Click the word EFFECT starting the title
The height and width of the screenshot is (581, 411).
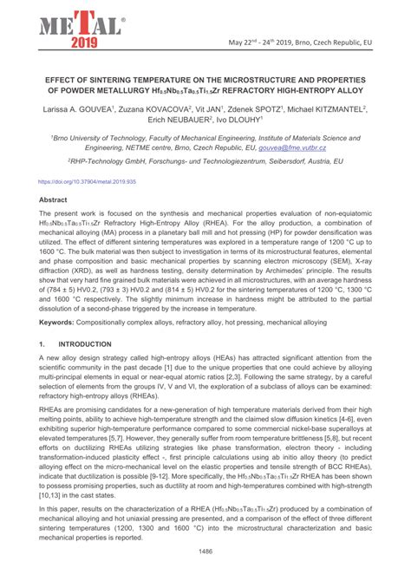click(x=55, y=76)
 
